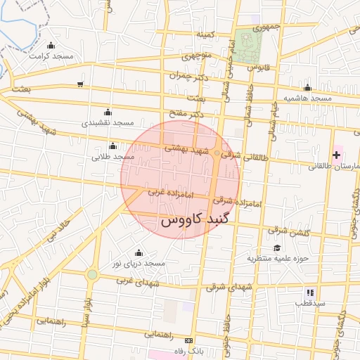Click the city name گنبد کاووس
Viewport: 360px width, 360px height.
pos(195,219)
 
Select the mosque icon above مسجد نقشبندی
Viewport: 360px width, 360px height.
pos(107,112)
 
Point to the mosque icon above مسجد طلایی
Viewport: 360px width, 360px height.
pos(113,146)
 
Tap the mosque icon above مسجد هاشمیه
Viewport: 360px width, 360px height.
pos(307,88)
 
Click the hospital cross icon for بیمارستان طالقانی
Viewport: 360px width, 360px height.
pos(336,154)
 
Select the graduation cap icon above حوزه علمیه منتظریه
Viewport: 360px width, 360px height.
pos(277,247)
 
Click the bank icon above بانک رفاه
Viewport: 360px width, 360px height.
pos(187,340)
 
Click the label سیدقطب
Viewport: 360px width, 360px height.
pos(310,304)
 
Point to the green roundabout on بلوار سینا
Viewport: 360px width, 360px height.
pos(92,274)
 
